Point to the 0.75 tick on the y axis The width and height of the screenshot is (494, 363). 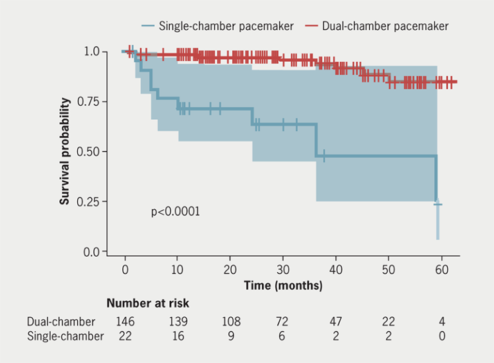(x=87, y=101)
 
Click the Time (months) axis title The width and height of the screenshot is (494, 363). (x=283, y=284)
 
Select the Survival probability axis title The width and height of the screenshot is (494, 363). (x=65, y=151)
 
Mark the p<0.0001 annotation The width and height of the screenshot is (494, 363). (x=175, y=211)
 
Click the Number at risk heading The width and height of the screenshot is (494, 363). (x=148, y=303)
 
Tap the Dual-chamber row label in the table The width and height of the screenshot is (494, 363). (x=61, y=321)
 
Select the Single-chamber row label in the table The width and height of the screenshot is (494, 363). (x=65, y=336)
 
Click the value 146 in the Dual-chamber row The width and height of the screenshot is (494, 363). (x=125, y=321)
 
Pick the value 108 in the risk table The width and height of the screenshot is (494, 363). (x=230, y=321)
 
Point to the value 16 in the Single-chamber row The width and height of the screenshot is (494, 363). (x=178, y=336)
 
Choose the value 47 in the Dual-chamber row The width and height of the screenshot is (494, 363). (x=335, y=321)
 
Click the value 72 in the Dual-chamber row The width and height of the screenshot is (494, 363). (x=283, y=321)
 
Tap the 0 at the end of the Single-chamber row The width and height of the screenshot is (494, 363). (x=441, y=336)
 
